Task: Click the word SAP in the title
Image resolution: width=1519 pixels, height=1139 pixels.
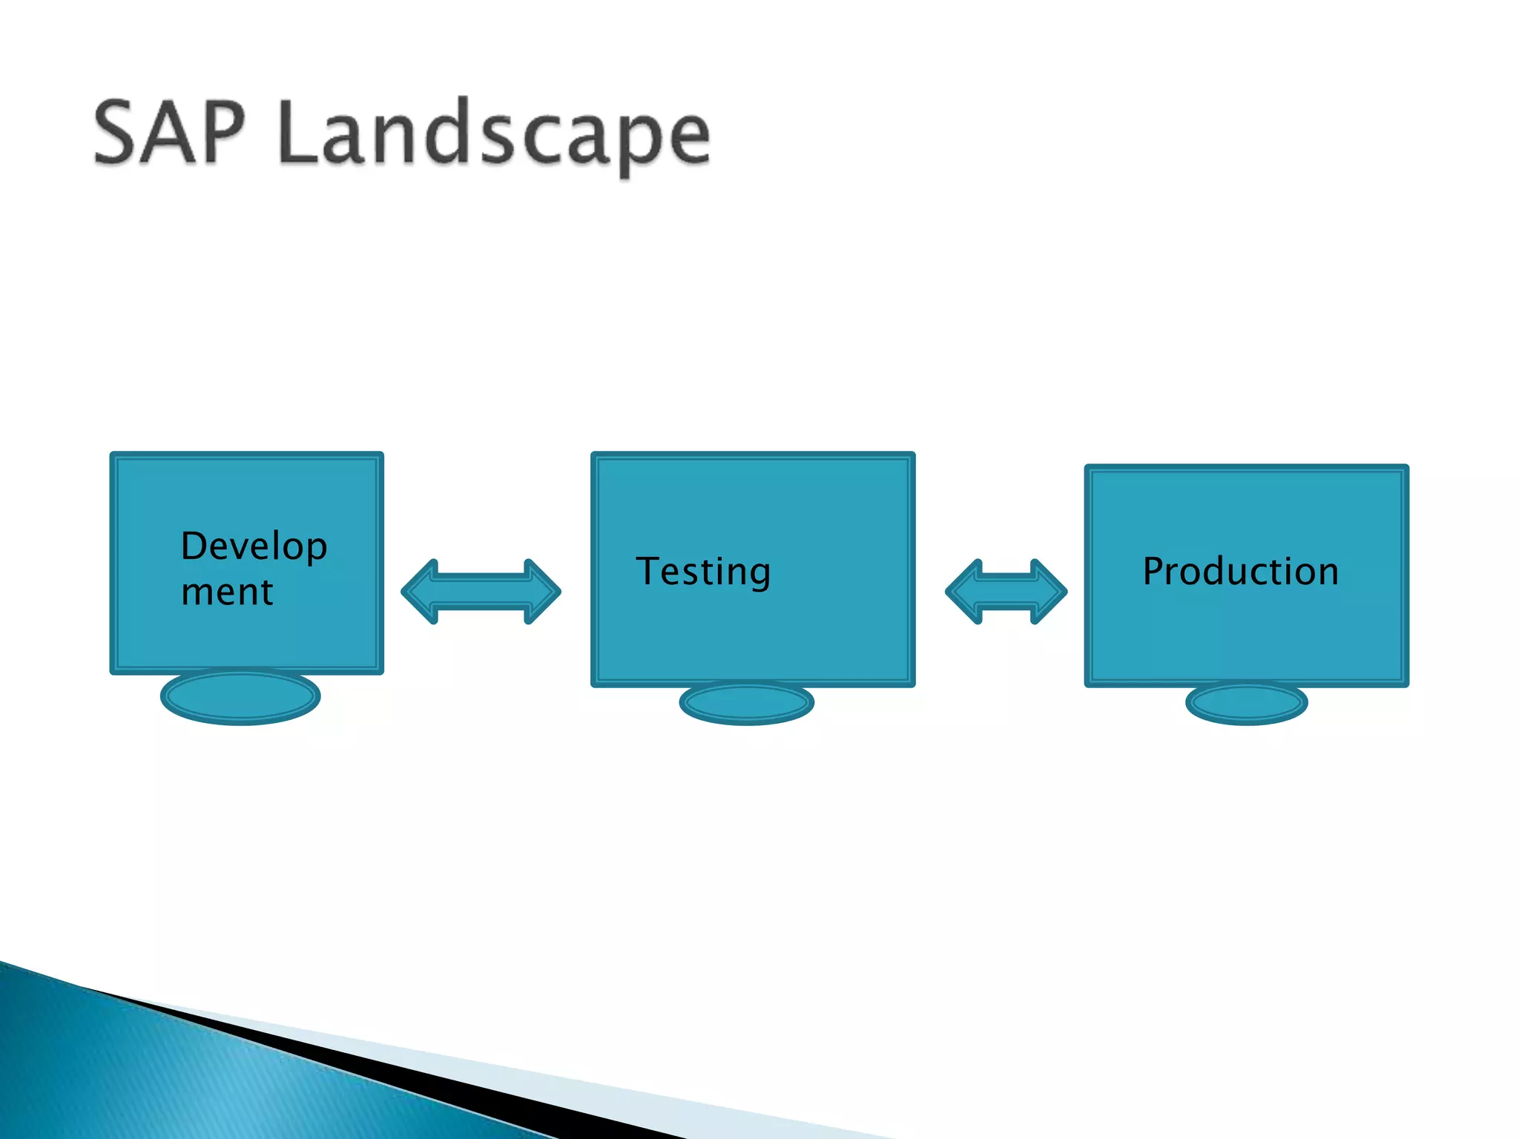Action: pos(169,133)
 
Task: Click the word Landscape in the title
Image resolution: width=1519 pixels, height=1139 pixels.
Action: pos(495,135)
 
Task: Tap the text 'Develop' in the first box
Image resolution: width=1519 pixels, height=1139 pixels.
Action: pos(254,547)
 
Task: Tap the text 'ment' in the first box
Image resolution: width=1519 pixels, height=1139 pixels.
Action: pos(227,592)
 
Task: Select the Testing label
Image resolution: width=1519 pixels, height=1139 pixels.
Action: pos(703,572)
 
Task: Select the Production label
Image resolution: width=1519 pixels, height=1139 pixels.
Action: pos(1240,572)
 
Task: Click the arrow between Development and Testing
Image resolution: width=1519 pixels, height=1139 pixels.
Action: pos(481,592)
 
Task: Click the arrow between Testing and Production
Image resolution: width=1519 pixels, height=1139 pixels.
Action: pos(1006,592)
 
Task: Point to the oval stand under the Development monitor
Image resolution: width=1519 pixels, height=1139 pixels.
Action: pos(240,696)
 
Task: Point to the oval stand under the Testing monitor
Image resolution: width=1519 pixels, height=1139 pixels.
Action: pos(746,703)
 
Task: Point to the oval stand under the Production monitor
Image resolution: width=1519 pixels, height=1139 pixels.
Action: pos(1246,703)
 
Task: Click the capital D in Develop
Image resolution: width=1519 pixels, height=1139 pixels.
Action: pos(196,547)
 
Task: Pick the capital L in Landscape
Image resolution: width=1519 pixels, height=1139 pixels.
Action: pos(301,133)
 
